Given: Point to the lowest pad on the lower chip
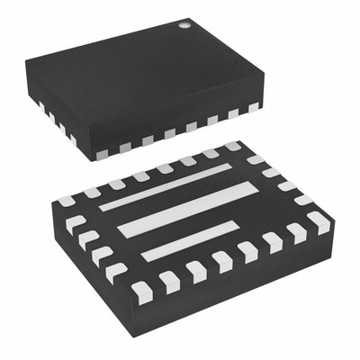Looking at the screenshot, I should click(x=141, y=290).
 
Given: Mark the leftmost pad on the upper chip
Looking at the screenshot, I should click(x=41, y=105).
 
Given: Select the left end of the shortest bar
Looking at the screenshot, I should click(x=144, y=256).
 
